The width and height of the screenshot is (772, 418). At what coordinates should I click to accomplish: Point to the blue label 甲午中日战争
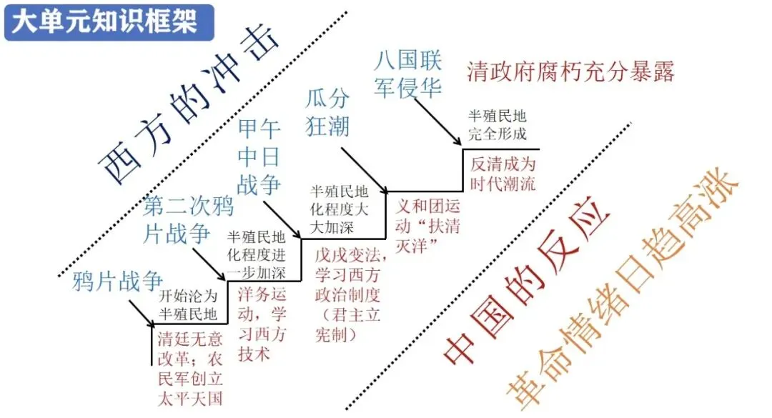coord(259,157)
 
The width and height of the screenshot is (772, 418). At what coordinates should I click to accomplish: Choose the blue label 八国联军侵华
coord(408,74)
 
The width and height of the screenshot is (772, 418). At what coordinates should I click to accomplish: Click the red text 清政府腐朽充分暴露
coord(570,71)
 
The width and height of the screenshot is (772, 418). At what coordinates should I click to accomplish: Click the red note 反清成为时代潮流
coord(503,174)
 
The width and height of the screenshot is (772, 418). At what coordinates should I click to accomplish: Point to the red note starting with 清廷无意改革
coord(190,368)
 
